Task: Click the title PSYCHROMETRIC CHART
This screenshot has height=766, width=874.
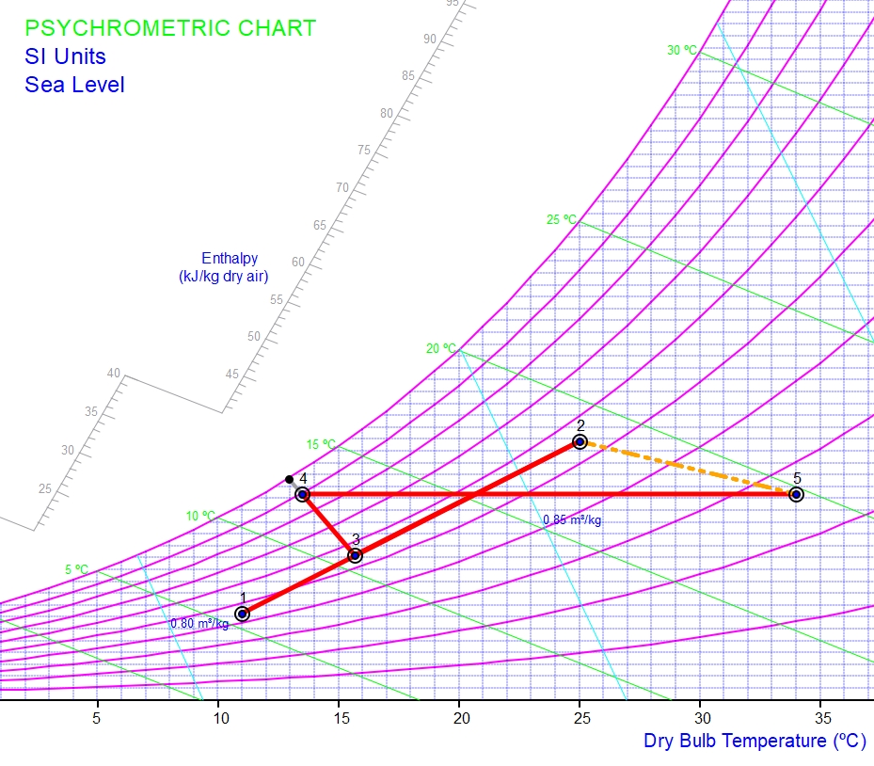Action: click(170, 28)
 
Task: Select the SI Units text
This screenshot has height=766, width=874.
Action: click(65, 56)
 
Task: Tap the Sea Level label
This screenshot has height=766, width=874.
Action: click(74, 85)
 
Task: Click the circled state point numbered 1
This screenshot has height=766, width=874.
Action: click(242, 614)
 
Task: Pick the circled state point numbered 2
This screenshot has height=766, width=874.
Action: click(580, 441)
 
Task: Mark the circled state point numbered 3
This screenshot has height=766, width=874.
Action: click(355, 555)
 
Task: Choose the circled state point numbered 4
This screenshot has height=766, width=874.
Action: click(302, 494)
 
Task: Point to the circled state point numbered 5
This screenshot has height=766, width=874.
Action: click(796, 494)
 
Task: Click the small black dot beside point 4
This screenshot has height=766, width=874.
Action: click(289, 480)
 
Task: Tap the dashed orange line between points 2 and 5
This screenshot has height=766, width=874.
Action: click(688, 468)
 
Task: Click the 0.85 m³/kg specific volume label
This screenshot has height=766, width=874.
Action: click(572, 520)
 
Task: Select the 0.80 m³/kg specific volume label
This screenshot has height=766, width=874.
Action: click(199, 623)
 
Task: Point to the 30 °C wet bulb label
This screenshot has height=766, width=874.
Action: click(682, 50)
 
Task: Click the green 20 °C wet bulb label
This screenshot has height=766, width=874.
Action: click(440, 348)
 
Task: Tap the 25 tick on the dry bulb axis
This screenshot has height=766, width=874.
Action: click(580, 717)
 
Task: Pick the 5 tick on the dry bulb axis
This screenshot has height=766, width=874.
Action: click(97, 717)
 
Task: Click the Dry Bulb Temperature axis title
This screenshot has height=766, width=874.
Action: click(755, 741)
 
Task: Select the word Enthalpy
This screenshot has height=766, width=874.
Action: click(230, 258)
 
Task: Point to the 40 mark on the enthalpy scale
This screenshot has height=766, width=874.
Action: click(114, 374)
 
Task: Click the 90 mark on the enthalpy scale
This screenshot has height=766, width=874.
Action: click(430, 39)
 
